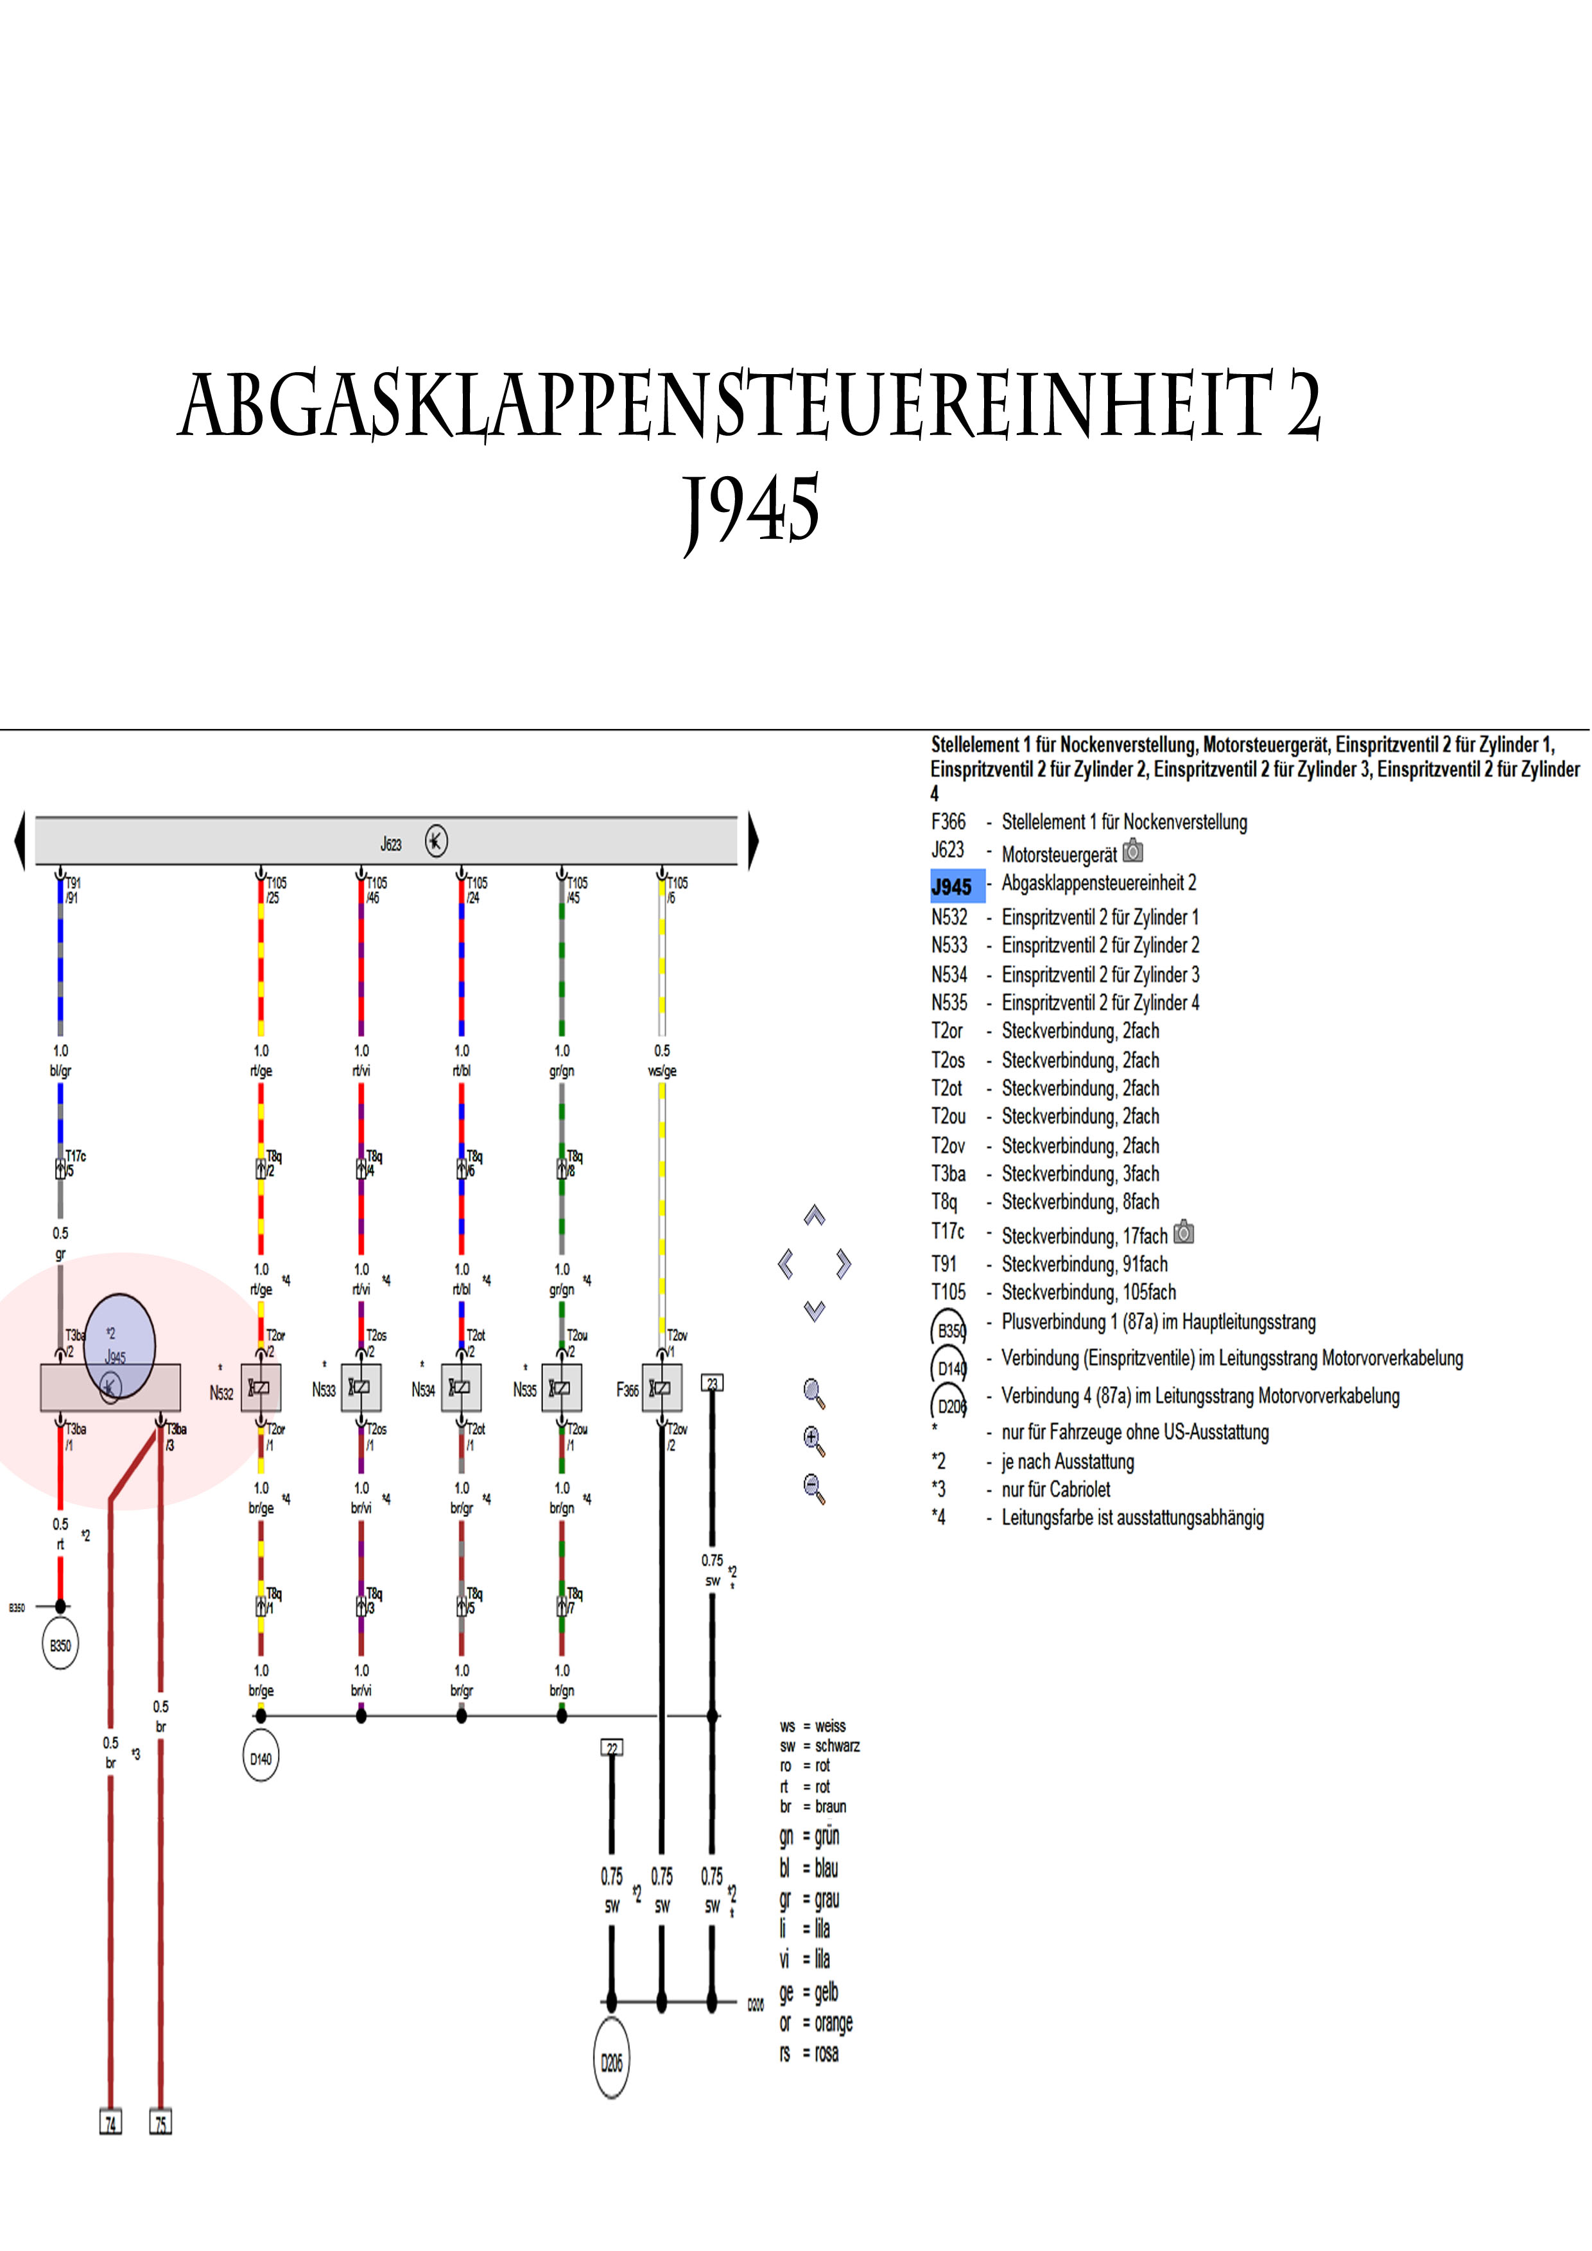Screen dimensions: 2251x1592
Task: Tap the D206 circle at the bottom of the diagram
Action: pos(611,2063)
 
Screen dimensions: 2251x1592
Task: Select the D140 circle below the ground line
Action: pos(260,1759)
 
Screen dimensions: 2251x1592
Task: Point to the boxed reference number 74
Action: pos(111,2123)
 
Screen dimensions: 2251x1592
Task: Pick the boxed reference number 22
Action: pos(611,1748)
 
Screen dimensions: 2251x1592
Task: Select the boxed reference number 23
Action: pos(712,1383)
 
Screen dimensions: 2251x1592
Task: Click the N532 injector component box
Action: pos(261,1387)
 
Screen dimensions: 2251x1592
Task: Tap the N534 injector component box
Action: pos(461,1387)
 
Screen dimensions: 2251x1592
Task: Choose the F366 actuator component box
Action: pos(662,1387)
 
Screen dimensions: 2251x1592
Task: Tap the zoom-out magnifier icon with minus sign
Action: pos(814,1488)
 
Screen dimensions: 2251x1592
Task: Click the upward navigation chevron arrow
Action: pos(814,1216)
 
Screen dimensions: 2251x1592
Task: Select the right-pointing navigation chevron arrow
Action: pos(844,1263)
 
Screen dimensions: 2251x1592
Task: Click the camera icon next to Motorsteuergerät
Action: pos(1133,851)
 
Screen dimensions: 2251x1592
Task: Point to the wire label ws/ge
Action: pos(662,1070)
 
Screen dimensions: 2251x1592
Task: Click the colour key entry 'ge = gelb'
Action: pos(809,1992)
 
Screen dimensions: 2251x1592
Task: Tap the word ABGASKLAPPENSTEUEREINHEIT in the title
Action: pos(726,406)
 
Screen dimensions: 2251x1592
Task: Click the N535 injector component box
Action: pos(562,1387)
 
